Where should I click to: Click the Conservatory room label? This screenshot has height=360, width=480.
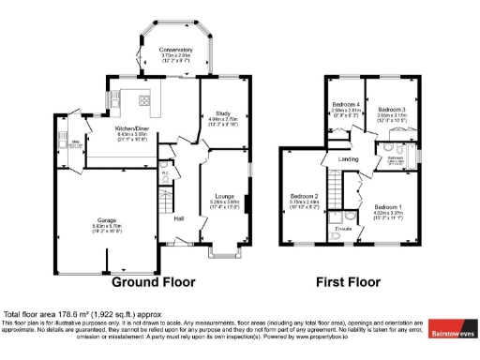pos(175,49)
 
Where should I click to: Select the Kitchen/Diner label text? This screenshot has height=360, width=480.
pos(133,127)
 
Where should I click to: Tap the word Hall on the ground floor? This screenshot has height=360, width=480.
pos(179,218)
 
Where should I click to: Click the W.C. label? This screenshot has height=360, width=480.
pos(164,172)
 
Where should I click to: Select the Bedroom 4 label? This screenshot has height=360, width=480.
pos(346,104)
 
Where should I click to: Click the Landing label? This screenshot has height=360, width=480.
pos(349,158)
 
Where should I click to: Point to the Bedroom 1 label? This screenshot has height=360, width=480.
pos(388,206)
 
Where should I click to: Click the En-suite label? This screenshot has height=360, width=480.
pos(343,228)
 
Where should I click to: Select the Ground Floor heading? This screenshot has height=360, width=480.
pos(154,281)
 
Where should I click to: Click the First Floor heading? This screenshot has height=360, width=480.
pos(347,281)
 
